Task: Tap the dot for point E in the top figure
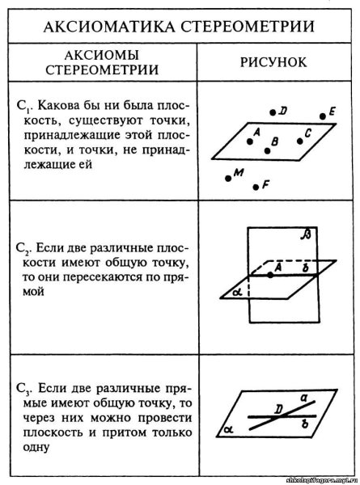[323, 116]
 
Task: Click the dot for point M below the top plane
[228, 175]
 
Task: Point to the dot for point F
[256, 187]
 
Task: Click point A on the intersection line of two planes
[271, 275]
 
